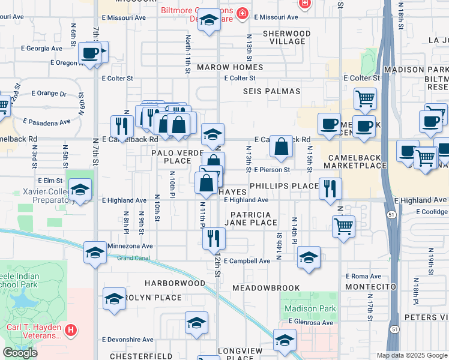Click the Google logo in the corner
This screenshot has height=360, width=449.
click(x=20, y=353)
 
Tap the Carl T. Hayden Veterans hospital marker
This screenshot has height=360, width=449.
click(x=71, y=330)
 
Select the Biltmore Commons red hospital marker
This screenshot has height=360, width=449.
click(x=243, y=13)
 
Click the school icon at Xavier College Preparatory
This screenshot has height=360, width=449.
click(x=80, y=190)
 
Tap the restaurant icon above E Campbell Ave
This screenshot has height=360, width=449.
click(x=213, y=239)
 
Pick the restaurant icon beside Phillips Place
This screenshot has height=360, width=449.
click(x=330, y=188)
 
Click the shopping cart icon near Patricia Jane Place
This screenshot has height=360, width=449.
click(x=343, y=227)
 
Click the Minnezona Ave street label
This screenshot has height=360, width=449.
click(x=130, y=246)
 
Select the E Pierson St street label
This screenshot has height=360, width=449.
click(x=271, y=170)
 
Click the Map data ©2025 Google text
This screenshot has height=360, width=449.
click(x=411, y=355)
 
